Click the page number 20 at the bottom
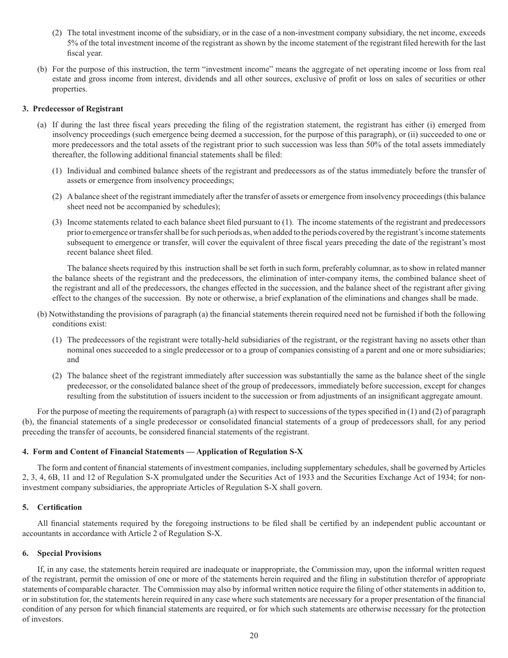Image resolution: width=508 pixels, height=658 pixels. point(253,636)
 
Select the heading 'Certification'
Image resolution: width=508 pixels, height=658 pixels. point(59,507)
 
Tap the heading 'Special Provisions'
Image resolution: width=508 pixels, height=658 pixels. point(69,553)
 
